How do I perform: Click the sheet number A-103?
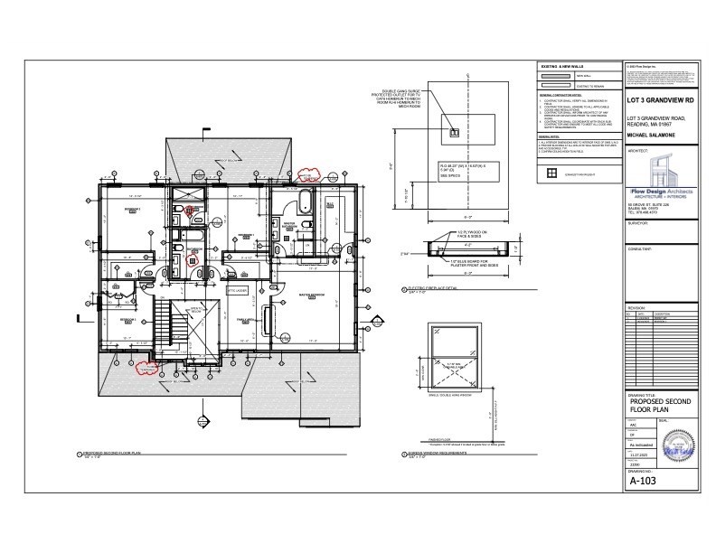(x=643, y=481)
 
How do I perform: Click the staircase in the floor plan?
(x=163, y=321)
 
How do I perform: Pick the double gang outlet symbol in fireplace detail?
(x=454, y=132)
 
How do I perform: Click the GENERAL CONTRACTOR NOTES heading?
(x=562, y=94)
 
